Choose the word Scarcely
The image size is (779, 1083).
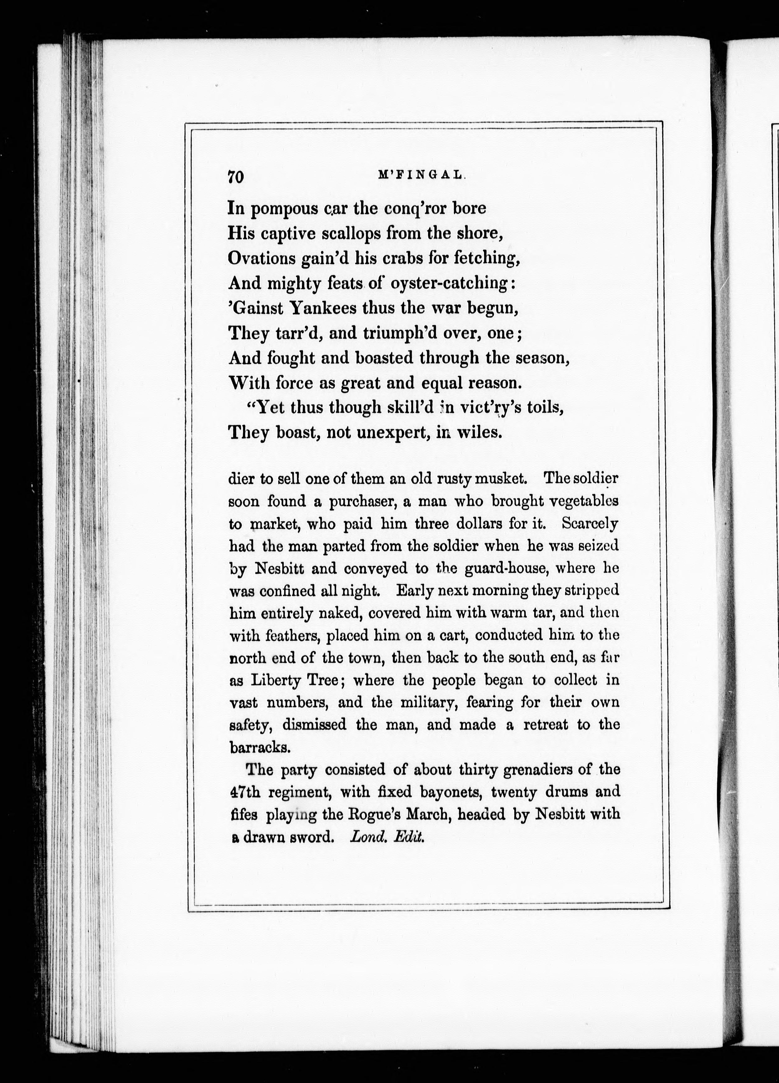(x=590, y=524)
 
